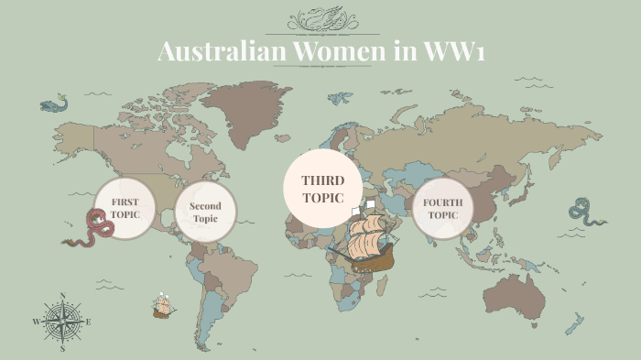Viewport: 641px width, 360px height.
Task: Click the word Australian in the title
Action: pos(222,52)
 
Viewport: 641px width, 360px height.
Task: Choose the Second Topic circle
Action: pos(205,213)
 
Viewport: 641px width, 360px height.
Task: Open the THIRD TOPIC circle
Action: pos(322,188)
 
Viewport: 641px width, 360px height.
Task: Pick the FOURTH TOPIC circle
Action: pos(442,210)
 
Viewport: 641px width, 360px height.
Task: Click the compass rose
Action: pos(62,322)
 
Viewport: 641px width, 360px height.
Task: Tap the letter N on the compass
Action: pos(62,296)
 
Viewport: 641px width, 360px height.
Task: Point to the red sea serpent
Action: pos(88,230)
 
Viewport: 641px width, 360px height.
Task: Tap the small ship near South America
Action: pos(164,306)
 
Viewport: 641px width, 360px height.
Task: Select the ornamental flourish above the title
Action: pos(320,19)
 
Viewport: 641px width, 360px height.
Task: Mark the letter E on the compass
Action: pos(89,322)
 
